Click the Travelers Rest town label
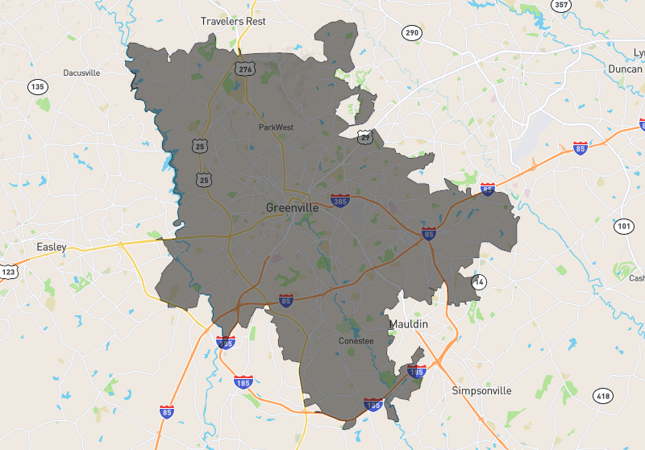click(x=233, y=21)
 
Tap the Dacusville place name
click(x=81, y=73)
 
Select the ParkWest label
click(x=277, y=127)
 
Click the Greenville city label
click(x=292, y=207)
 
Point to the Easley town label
click(x=52, y=246)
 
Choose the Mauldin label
click(x=409, y=323)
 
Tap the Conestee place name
click(x=356, y=341)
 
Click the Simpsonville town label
click(x=481, y=390)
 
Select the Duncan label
click(x=626, y=69)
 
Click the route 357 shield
click(x=560, y=5)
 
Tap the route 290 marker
click(x=412, y=33)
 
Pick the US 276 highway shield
click(x=245, y=69)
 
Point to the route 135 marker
click(x=38, y=86)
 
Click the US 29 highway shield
click(x=365, y=138)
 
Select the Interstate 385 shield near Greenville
click(x=340, y=199)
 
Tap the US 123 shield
click(x=6, y=273)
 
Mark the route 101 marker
click(x=624, y=226)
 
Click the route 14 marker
click(x=480, y=282)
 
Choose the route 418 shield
click(x=602, y=395)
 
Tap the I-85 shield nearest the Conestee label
click(x=286, y=301)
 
